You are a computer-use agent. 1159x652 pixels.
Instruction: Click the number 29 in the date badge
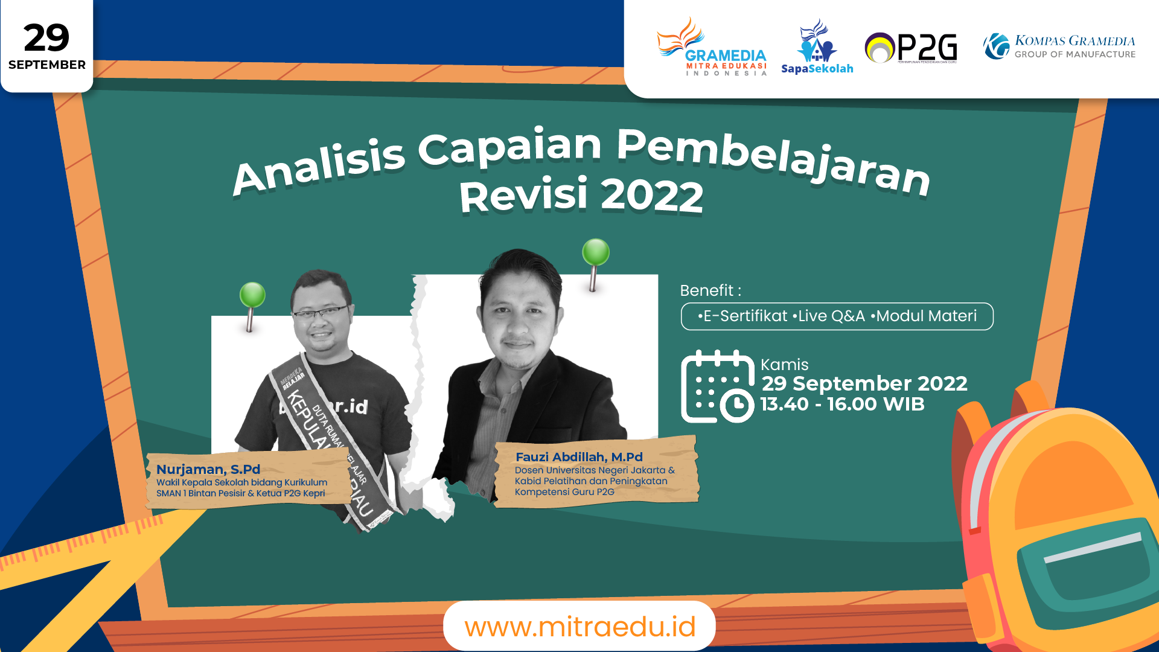pos(46,38)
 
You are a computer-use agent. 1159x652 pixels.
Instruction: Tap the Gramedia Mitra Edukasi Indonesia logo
pos(712,48)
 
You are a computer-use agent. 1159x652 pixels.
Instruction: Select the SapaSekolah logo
pos(817,48)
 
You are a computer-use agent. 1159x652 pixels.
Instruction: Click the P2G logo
pos(911,48)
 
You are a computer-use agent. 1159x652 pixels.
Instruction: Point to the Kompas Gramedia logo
pos(1059,46)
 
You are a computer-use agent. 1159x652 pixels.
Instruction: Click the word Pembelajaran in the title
pos(773,159)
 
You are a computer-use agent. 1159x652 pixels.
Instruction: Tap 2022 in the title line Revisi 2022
pos(652,196)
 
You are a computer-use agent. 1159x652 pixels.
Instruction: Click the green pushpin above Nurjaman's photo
pos(252,296)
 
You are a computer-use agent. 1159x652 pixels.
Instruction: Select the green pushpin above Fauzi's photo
pos(596,252)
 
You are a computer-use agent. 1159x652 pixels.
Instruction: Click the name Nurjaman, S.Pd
pos(208,469)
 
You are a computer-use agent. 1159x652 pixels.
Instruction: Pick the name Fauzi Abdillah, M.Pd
pos(579,457)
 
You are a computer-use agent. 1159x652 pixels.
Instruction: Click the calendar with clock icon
pos(717,387)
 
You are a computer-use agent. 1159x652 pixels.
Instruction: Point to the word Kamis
pos(784,365)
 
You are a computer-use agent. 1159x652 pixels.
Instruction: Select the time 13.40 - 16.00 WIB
pos(842,404)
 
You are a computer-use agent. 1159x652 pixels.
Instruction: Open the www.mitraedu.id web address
pos(579,627)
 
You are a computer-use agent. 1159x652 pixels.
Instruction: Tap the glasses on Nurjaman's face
pos(321,313)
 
